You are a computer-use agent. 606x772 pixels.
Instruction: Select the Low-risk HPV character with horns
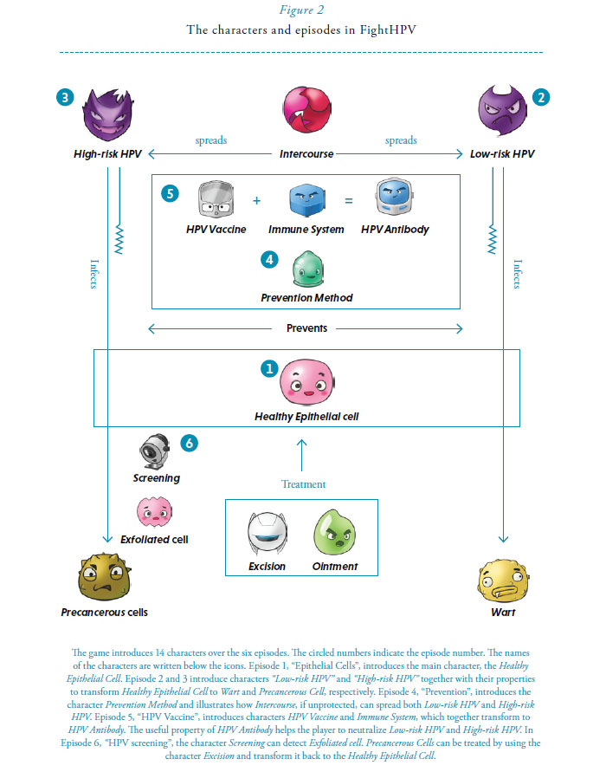(x=503, y=117)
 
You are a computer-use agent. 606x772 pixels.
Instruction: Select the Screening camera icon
(x=156, y=451)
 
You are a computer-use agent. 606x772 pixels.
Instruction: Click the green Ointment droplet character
(x=335, y=535)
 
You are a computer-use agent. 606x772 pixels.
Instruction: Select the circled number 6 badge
(x=190, y=443)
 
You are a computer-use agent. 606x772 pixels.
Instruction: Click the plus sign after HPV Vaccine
(x=256, y=201)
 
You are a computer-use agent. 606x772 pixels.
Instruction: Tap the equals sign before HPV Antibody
(x=349, y=201)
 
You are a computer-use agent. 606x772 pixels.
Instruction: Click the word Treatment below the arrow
(x=304, y=484)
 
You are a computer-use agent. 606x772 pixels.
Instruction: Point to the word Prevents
(x=306, y=328)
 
